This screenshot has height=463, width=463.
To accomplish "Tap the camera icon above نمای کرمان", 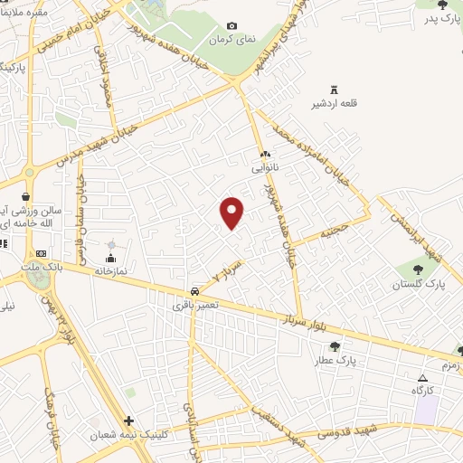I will (232, 25).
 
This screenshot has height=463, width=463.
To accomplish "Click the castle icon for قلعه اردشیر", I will (334, 89).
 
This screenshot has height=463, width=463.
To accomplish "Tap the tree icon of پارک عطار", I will (335, 345).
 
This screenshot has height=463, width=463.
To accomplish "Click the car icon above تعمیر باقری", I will (194, 292).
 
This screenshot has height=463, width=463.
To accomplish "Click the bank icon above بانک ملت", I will (41, 253).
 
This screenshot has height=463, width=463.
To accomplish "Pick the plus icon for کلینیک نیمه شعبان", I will (129, 420).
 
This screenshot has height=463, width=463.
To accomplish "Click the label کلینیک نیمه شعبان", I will (127, 435).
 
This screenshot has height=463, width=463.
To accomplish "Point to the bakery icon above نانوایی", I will (260, 154).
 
